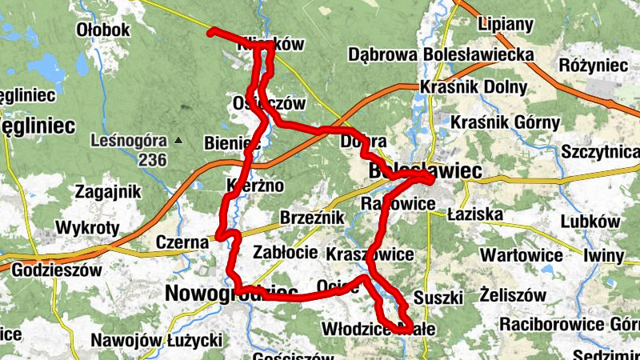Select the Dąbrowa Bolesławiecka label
pyautogui.click(x=441, y=54)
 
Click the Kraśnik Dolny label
pyautogui.click(x=473, y=86)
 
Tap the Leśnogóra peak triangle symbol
pyautogui.click(x=178, y=141)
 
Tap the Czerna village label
pyautogui.click(x=182, y=240)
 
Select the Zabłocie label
pyautogui.click(x=286, y=252)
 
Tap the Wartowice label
pyautogui.click(x=519, y=254)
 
